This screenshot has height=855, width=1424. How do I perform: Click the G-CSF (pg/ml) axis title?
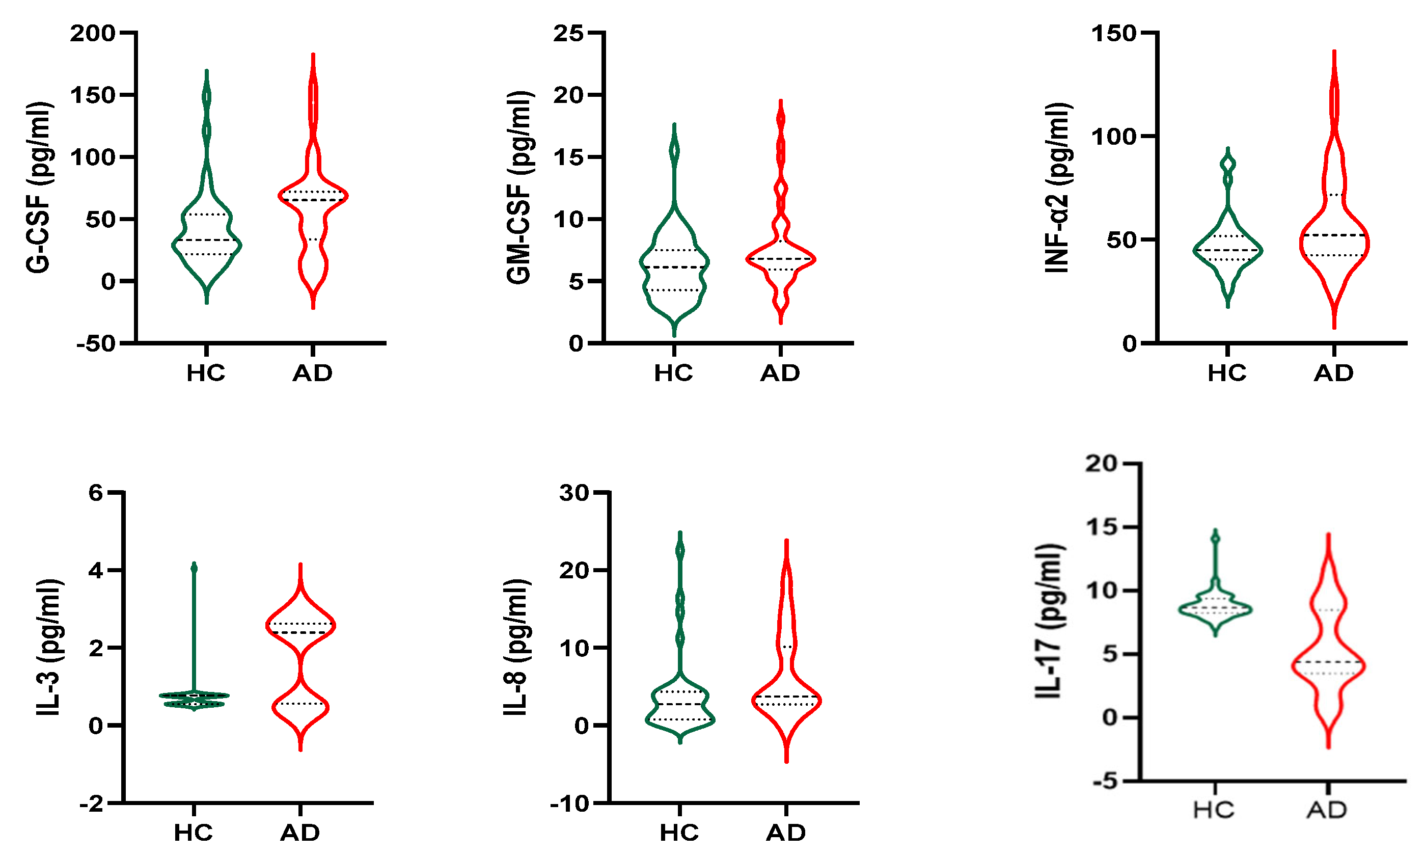(39, 187)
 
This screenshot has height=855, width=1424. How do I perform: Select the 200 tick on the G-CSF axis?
(93, 34)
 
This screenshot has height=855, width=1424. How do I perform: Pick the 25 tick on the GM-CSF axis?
(568, 34)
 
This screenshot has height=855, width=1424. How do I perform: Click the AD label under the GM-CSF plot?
(780, 373)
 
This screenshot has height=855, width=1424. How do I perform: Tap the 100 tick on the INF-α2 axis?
(1115, 137)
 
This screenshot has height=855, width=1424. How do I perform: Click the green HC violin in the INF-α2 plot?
(1227, 250)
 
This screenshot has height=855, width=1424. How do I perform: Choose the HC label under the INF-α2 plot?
(1227, 373)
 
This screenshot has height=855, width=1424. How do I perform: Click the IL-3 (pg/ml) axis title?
(49, 648)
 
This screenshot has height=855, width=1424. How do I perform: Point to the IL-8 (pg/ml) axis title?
(516, 648)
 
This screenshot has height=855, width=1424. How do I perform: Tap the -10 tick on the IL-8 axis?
(569, 803)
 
